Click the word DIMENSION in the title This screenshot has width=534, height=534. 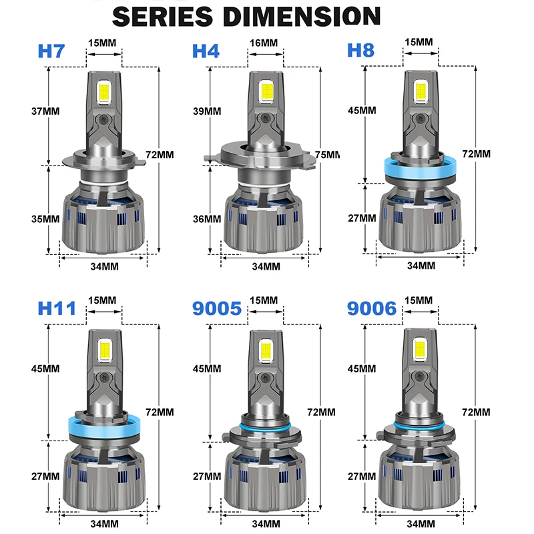coord(302,16)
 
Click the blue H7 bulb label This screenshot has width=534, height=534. coord(51,51)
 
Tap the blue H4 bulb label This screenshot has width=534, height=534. coord(206,51)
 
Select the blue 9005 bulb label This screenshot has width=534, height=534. coord(216,308)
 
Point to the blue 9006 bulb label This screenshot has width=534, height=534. coord(372,308)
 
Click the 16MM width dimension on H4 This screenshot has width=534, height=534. coord(264,43)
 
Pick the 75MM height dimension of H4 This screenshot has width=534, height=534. coord(327,155)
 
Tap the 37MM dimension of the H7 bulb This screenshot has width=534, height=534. coord(45,111)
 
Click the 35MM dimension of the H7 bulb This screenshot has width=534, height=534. coord(45,219)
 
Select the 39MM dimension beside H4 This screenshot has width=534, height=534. coord(207,111)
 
